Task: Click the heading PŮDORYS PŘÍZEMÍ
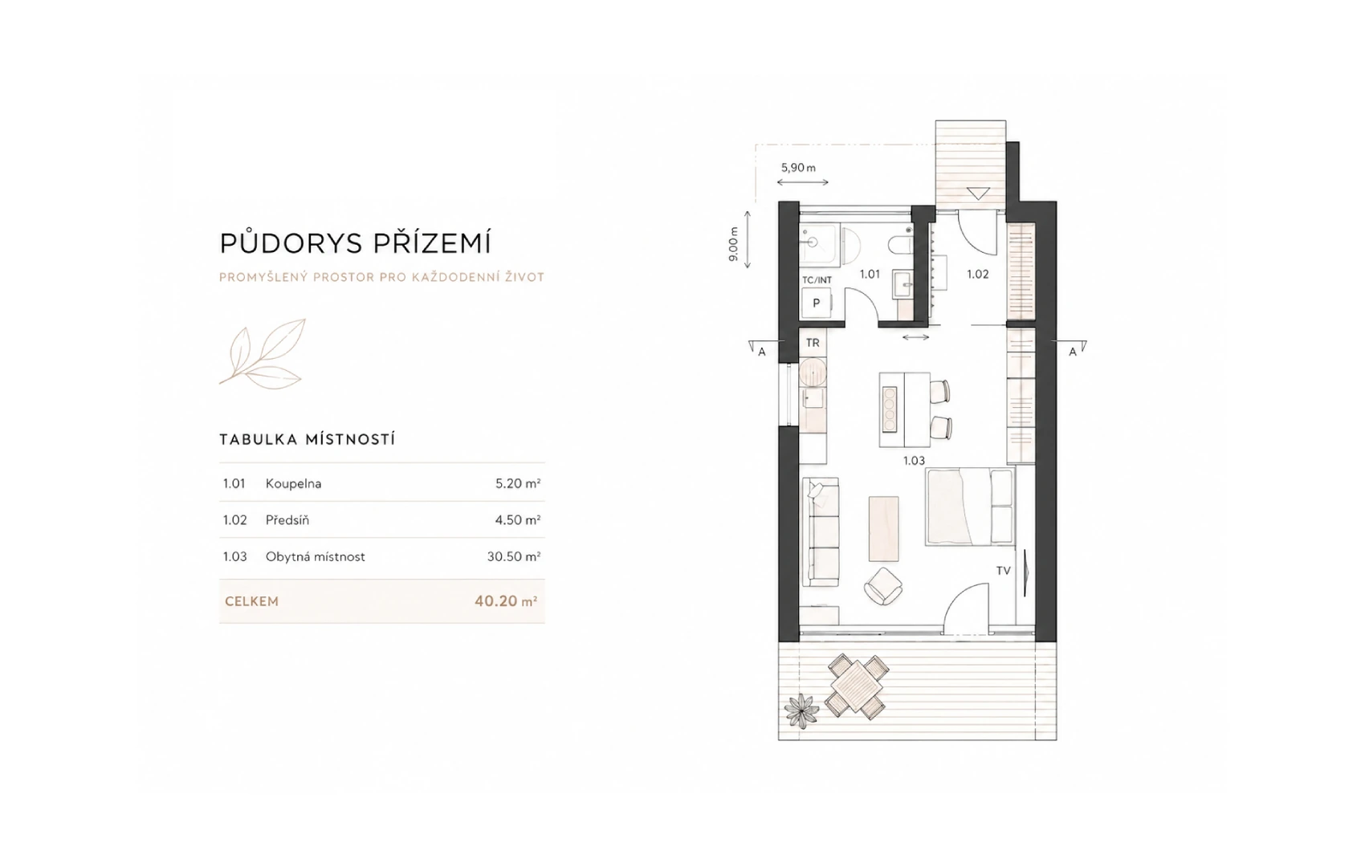[x=355, y=242]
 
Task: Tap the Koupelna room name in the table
[x=293, y=484]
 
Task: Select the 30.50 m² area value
[x=514, y=556]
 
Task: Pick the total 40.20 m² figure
[x=506, y=601]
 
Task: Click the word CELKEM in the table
[x=251, y=601]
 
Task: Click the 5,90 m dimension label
[x=798, y=168]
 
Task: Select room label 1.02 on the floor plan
[x=977, y=275]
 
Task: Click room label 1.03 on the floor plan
[x=914, y=462]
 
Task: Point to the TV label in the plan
[x=1003, y=571]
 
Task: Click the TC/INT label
[x=817, y=280]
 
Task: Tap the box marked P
[x=816, y=303]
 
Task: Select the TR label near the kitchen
[x=813, y=343]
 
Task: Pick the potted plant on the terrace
[x=801, y=711]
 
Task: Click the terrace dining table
[x=856, y=686]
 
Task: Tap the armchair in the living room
[x=883, y=585]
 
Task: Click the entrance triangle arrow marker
[x=978, y=194]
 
